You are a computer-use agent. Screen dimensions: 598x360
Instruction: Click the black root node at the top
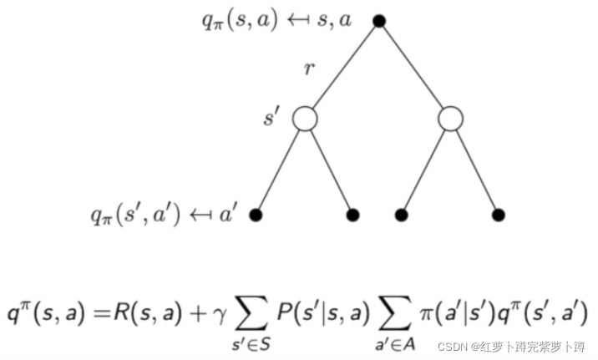point(378,21)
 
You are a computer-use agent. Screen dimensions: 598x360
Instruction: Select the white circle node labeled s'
point(305,119)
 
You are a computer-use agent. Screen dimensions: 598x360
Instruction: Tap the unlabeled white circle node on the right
point(450,119)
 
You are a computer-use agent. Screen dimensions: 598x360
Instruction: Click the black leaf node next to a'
point(256,215)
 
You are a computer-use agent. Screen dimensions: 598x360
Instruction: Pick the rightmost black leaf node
point(499,215)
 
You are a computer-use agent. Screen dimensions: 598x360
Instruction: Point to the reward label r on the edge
point(309,69)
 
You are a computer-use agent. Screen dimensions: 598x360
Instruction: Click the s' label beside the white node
point(271,118)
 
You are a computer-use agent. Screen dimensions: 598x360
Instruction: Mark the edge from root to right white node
point(414,69)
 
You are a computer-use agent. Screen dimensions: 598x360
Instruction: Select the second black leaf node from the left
point(353,215)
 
